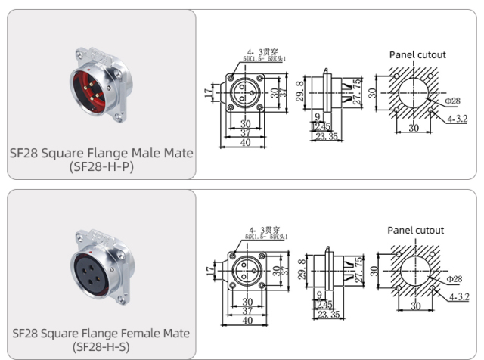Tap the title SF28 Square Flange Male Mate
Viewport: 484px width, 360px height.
(x=101, y=153)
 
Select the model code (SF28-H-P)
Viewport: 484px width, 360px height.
(x=101, y=166)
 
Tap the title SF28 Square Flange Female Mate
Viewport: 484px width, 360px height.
(x=101, y=333)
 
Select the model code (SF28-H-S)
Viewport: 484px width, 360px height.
(x=101, y=347)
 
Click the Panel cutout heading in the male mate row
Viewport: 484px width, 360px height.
(x=417, y=54)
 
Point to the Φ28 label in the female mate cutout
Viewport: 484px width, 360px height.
(x=454, y=279)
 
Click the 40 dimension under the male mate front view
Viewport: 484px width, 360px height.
(x=246, y=142)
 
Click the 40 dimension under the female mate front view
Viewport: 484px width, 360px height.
(x=246, y=320)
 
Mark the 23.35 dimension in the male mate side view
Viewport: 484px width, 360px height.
(x=327, y=137)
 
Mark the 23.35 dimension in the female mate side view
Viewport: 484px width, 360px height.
(x=327, y=315)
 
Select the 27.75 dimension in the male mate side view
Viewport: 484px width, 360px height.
(x=358, y=92)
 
